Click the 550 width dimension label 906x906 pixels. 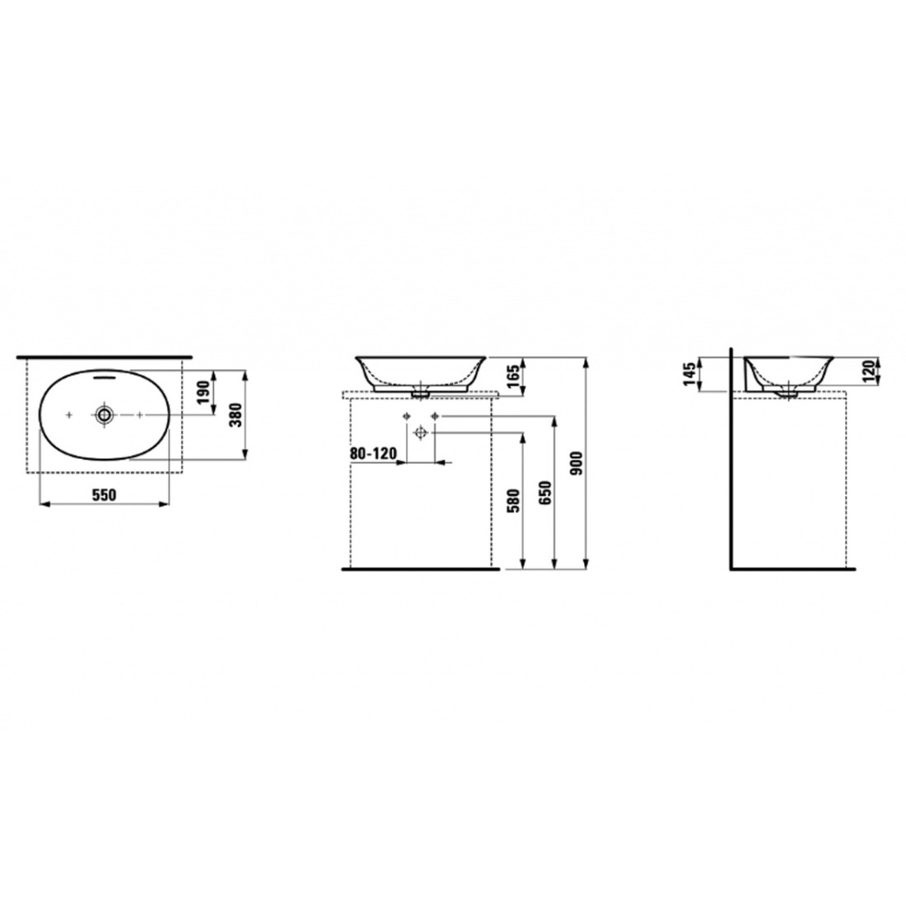tap(105, 495)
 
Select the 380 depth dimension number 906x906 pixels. tap(236, 414)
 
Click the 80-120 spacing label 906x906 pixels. tap(373, 453)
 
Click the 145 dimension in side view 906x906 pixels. tap(689, 375)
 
